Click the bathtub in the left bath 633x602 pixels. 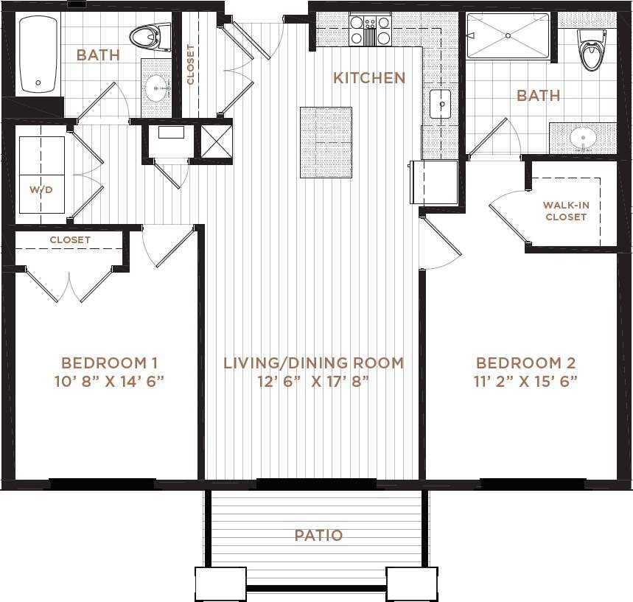point(38,55)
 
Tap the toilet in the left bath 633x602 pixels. point(150,36)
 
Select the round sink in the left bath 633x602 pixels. point(156,89)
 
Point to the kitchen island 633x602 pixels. point(326,142)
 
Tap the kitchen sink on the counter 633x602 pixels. point(441,105)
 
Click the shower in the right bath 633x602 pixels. point(508,36)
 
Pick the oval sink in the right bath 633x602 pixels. point(583,138)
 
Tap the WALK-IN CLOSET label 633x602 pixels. point(565,211)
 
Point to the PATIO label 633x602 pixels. point(318,536)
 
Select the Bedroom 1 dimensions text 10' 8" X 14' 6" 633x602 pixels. point(109,381)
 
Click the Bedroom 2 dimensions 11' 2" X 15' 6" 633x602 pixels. point(525,381)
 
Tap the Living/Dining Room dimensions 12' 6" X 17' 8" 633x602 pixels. point(314,381)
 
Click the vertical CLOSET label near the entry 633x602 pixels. point(191,65)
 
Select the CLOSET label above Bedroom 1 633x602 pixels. point(70,240)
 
